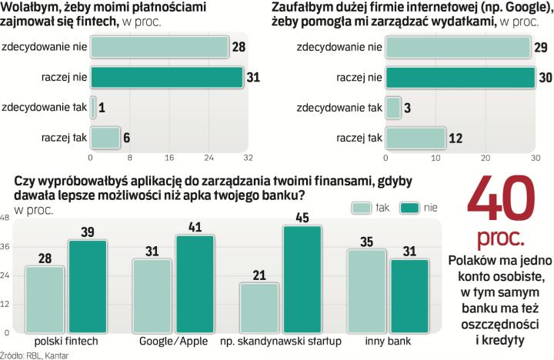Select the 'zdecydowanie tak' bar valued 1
[x=93, y=108]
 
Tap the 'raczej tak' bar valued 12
[x=415, y=138]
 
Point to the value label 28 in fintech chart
[x=239, y=48]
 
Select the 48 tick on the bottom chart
[x=6, y=219]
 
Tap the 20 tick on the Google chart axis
[x=485, y=158]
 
